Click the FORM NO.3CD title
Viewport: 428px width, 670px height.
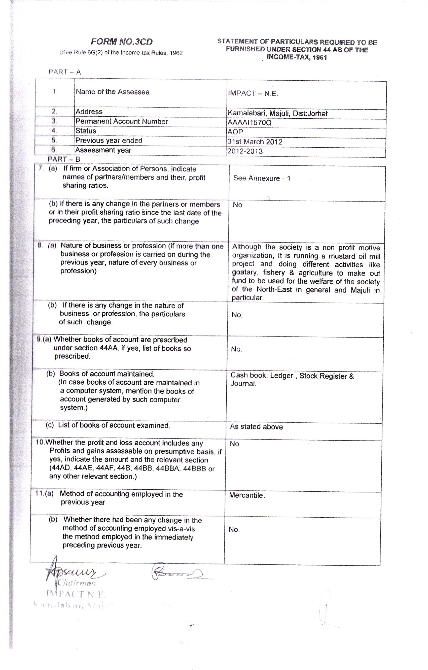122,42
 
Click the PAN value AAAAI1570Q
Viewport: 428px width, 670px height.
249,123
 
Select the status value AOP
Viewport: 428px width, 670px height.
235,132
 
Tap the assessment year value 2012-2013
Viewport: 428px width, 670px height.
245,151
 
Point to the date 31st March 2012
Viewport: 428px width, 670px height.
255,142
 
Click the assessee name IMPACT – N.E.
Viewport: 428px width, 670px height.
253,93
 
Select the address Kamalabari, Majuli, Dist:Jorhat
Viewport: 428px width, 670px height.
277,114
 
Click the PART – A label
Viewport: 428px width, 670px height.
64,72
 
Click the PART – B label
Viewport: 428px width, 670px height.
64,159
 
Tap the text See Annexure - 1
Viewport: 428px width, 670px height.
262,178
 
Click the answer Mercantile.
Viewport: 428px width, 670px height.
247,495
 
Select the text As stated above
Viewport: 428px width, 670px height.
256,427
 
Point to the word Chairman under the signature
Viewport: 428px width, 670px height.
77,583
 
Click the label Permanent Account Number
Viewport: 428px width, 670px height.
122,121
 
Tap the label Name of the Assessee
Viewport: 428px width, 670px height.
112,92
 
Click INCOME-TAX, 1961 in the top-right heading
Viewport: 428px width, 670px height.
297,57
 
